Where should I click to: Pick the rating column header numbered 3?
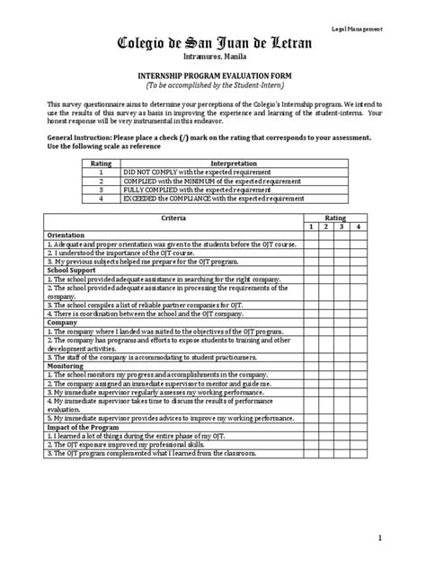click(341, 227)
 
